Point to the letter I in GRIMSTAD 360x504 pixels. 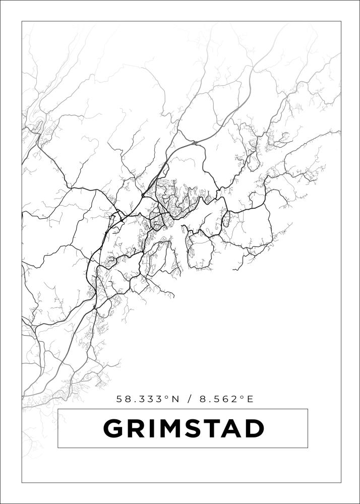coord(151,429)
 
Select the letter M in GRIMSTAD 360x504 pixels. coord(170,429)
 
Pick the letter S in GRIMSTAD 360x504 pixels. coord(193,429)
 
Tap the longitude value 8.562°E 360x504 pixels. coord(224,399)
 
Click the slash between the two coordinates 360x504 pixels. coord(189,399)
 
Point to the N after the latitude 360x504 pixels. coord(175,399)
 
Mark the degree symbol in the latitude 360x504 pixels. coord(167,397)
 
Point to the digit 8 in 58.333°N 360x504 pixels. coord(129,399)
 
